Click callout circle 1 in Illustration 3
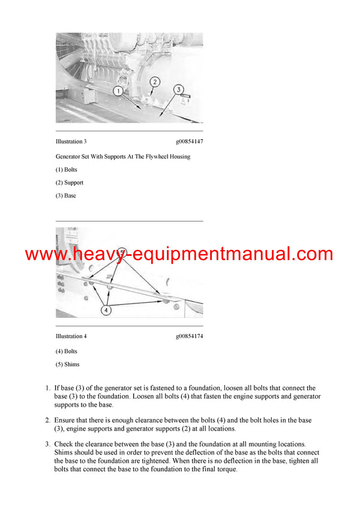tap(119, 91)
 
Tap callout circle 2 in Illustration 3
tap(154, 82)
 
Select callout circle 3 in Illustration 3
tap(178, 89)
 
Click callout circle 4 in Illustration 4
tap(106, 310)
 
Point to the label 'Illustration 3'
tap(71, 141)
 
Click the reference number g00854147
tap(189, 141)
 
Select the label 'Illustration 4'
tap(71, 336)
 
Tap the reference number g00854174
tap(189, 336)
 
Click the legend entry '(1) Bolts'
tap(67, 170)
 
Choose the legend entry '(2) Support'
tap(70, 183)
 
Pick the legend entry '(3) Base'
tap(66, 195)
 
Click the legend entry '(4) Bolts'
tap(67, 351)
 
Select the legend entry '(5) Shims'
tap(67, 364)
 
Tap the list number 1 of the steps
tap(47, 388)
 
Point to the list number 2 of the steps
tap(47, 421)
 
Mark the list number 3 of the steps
tap(47, 444)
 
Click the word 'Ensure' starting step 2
tap(65, 421)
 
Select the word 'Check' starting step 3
tap(64, 444)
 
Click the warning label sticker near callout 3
tap(186, 95)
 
